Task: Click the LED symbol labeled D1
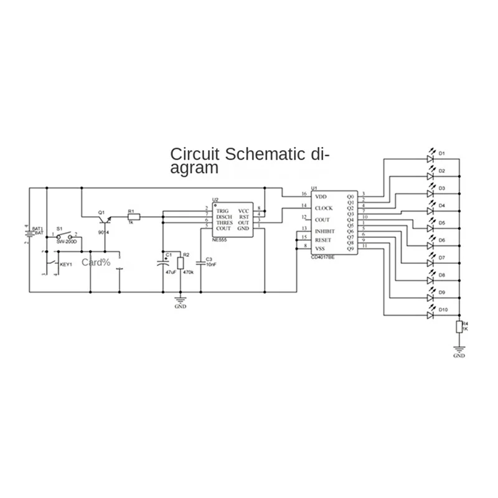[430, 159]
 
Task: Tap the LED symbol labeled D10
[430, 316]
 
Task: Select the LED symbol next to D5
[430, 228]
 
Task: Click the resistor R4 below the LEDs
[459, 327]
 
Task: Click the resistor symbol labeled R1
[134, 217]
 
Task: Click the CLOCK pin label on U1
[324, 208]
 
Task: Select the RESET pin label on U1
[324, 240]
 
